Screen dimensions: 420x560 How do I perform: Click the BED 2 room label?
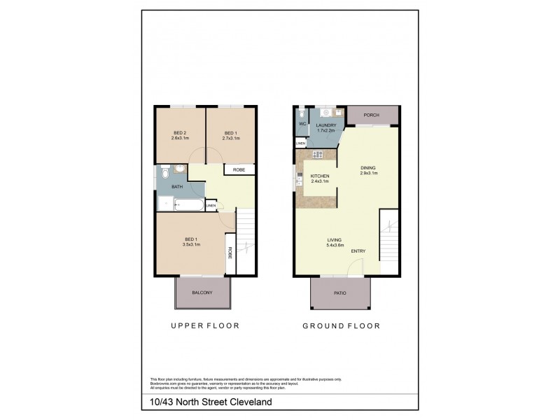tap(181, 133)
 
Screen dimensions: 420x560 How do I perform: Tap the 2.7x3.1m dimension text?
tap(231, 139)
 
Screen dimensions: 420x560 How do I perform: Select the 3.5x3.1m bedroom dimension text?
tap(191, 245)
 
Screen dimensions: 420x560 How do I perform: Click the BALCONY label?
tap(203, 293)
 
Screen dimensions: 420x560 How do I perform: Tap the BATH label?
tap(177, 187)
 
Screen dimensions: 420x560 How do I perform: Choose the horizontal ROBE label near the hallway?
tap(239, 169)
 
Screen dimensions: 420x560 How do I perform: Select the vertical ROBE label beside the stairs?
tap(230, 254)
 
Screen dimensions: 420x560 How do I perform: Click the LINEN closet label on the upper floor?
tap(211, 205)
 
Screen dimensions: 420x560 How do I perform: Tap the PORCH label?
tap(372, 115)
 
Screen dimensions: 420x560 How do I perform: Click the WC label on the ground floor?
tap(302, 124)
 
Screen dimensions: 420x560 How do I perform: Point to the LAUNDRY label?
tap(327, 125)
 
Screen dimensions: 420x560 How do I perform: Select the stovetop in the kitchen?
tap(317, 155)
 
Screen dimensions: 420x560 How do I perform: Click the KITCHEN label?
tap(310, 176)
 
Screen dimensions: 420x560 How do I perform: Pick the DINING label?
tap(367, 168)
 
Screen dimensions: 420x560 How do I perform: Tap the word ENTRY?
tap(358, 251)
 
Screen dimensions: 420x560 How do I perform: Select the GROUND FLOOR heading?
tap(341, 325)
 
